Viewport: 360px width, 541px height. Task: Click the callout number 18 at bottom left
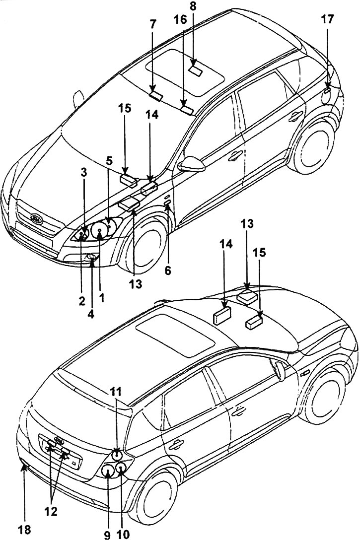(23, 530)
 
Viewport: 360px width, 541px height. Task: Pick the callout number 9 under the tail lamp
(108, 534)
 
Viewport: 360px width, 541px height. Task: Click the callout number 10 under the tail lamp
(122, 534)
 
